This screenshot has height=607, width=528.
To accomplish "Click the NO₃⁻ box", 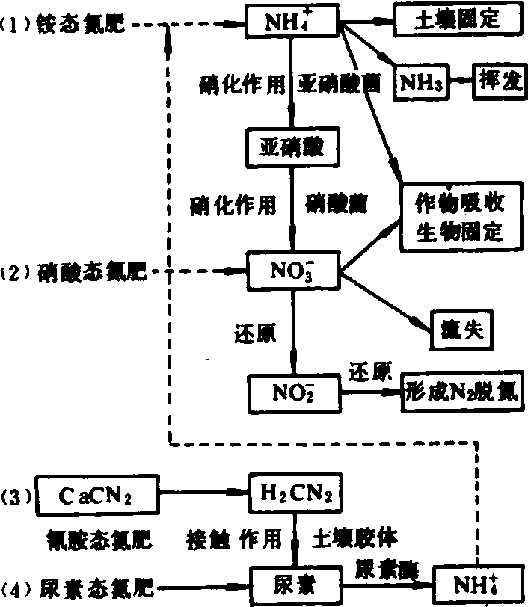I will pos(292,271).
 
